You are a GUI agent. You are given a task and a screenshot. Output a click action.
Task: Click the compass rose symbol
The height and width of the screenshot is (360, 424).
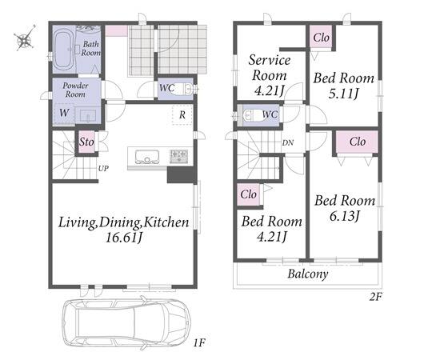coord(25,38)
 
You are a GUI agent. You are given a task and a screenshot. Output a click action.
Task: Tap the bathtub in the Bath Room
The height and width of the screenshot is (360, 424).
coord(65,50)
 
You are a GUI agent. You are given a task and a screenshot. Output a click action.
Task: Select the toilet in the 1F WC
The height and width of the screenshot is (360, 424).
coord(182,89)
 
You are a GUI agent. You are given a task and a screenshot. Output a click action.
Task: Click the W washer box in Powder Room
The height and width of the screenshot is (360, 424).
coord(64,114)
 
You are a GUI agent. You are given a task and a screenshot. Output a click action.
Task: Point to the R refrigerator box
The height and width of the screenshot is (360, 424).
coord(182,114)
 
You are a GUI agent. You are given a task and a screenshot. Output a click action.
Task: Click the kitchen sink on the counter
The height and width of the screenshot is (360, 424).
coord(147,157)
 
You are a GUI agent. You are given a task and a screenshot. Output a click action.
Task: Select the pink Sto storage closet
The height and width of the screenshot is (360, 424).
coord(86,142)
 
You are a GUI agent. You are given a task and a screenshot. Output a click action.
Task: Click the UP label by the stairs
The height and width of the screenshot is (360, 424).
coord(103,169)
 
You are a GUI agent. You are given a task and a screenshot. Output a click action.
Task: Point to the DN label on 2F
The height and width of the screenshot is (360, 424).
coord(288,142)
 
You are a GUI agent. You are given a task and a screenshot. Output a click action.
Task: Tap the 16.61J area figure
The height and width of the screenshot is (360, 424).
coord(123,238)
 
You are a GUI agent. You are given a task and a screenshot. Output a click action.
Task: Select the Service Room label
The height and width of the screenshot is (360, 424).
coord(270,68)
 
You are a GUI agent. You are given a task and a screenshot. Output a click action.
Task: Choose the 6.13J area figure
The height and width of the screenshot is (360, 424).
coord(345,216)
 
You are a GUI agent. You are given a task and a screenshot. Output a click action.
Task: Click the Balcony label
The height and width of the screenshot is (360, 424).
coord(308,274)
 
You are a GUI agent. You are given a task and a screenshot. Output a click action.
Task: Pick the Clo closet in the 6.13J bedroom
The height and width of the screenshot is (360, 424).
coord(357,142)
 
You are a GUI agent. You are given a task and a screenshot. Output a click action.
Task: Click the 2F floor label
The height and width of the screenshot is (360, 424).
coord(376,297)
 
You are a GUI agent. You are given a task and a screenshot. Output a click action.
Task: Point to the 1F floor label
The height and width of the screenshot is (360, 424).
coord(199,343)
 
